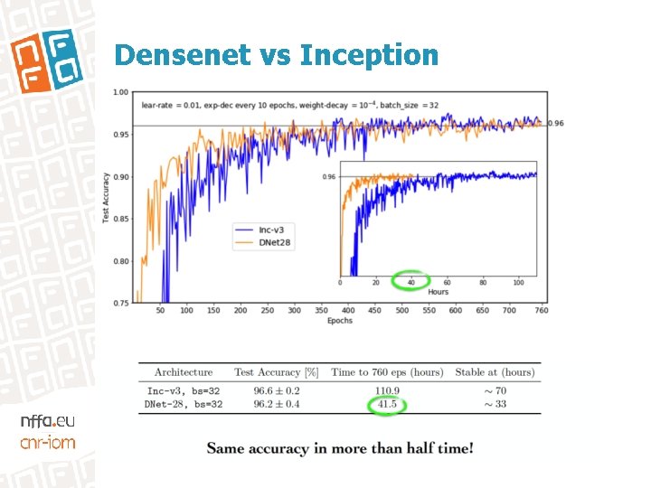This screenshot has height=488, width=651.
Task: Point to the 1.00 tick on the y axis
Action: coord(120,92)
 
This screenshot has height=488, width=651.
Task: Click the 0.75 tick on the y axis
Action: coord(120,303)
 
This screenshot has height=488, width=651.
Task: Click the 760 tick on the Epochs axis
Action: coord(541,310)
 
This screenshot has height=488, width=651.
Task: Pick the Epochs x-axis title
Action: coord(339,321)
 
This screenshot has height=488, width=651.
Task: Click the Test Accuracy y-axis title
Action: coord(106,197)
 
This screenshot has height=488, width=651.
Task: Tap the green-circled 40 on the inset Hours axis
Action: coord(412,282)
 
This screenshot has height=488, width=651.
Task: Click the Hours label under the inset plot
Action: coord(438,292)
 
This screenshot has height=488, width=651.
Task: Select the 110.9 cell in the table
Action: coord(387,390)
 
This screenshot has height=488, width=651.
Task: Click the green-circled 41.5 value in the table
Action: coord(387,403)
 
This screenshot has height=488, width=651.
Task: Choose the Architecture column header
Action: coord(184,371)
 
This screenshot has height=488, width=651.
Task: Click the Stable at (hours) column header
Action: coord(495,371)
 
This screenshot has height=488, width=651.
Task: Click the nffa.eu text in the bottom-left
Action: coord(48,421)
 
